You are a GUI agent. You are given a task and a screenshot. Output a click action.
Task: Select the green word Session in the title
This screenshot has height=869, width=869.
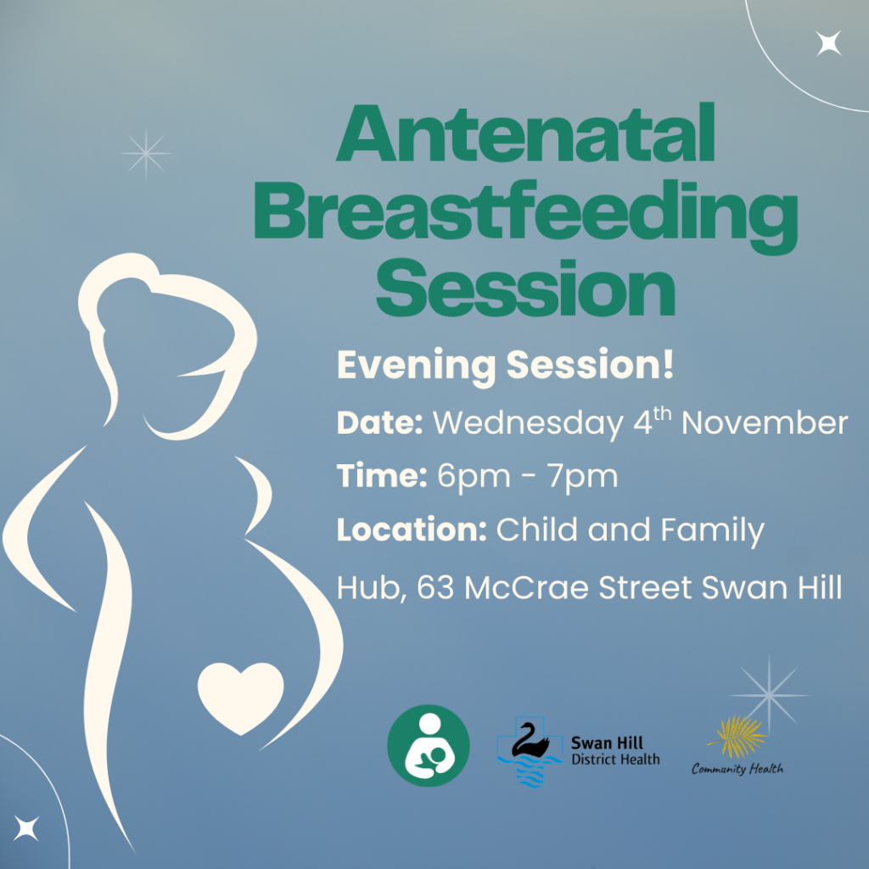tap(525, 289)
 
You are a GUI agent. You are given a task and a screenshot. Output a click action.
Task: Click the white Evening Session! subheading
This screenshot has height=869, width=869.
tap(505, 366)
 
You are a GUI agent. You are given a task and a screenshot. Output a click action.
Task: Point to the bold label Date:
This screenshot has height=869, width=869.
tap(379, 423)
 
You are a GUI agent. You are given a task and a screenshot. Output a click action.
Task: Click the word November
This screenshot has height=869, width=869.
tap(765, 423)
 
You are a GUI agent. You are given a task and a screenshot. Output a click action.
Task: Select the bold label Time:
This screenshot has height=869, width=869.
tap(382, 476)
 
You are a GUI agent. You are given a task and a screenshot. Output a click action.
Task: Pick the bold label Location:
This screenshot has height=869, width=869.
tap(412, 530)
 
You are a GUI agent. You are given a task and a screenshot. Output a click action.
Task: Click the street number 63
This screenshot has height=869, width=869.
tap(435, 587)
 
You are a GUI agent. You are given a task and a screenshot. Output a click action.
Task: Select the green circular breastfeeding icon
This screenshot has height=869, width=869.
tap(429, 745)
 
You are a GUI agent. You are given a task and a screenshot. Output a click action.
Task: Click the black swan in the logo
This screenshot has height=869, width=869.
tap(529, 740)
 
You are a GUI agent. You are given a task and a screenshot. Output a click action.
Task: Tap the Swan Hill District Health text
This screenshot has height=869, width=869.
tap(615, 750)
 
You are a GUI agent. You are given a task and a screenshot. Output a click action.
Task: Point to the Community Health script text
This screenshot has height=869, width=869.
tap(737, 769)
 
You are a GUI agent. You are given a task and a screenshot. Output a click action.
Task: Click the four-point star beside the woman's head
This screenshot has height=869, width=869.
tap(146, 154)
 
